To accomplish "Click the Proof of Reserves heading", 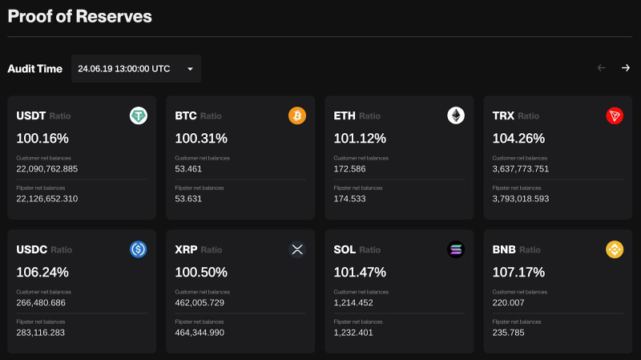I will click(79, 15).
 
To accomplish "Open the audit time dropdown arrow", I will click(190, 69).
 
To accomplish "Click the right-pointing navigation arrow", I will click(625, 68).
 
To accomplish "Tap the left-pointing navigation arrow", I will click(601, 68).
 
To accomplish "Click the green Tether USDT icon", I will click(139, 116).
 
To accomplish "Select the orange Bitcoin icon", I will click(297, 116).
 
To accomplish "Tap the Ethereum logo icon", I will click(456, 116).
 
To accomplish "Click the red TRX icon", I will click(615, 116).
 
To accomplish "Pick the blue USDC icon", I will click(139, 249).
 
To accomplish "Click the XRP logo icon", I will click(297, 249).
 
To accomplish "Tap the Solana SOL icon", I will click(456, 249).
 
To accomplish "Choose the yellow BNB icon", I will click(615, 249).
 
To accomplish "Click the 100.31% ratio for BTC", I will click(201, 138).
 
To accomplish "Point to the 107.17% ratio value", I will click(518, 271).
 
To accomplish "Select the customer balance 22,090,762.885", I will click(47, 168).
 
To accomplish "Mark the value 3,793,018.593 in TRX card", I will click(521, 198).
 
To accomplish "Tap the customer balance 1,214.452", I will click(353, 302).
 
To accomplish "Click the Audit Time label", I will click(34, 69).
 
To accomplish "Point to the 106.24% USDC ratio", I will click(42, 271).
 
